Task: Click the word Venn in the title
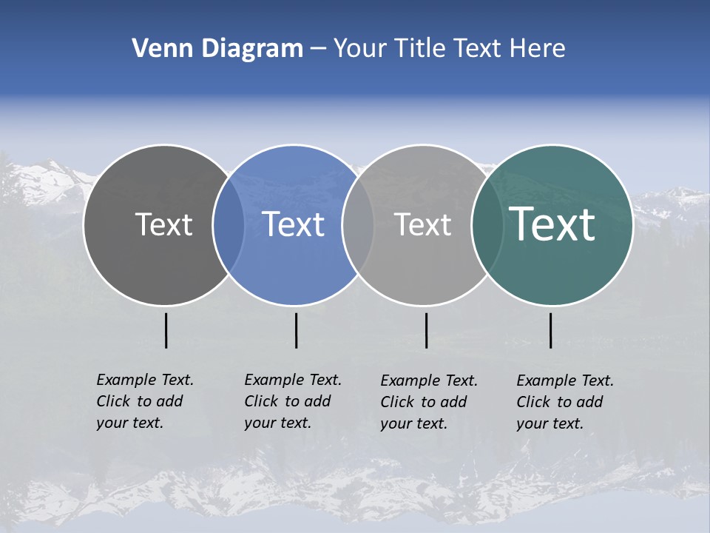tap(157, 49)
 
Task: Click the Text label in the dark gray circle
tap(163, 224)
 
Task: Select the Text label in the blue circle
tap(293, 224)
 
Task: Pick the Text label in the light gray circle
tap(422, 224)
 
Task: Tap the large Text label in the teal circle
tap(552, 224)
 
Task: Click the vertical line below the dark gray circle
tap(166, 330)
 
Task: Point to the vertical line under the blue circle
tap(296, 330)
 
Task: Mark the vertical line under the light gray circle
tap(426, 330)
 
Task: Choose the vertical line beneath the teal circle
tap(550, 330)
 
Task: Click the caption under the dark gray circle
tap(144, 401)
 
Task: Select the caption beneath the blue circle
tap(292, 401)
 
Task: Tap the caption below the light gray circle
tap(428, 402)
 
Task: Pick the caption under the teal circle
tap(564, 402)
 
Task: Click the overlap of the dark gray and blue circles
tap(229, 224)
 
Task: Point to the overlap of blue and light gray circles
tap(358, 224)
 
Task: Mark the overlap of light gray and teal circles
tap(487, 224)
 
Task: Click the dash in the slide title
tap(318, 49)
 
